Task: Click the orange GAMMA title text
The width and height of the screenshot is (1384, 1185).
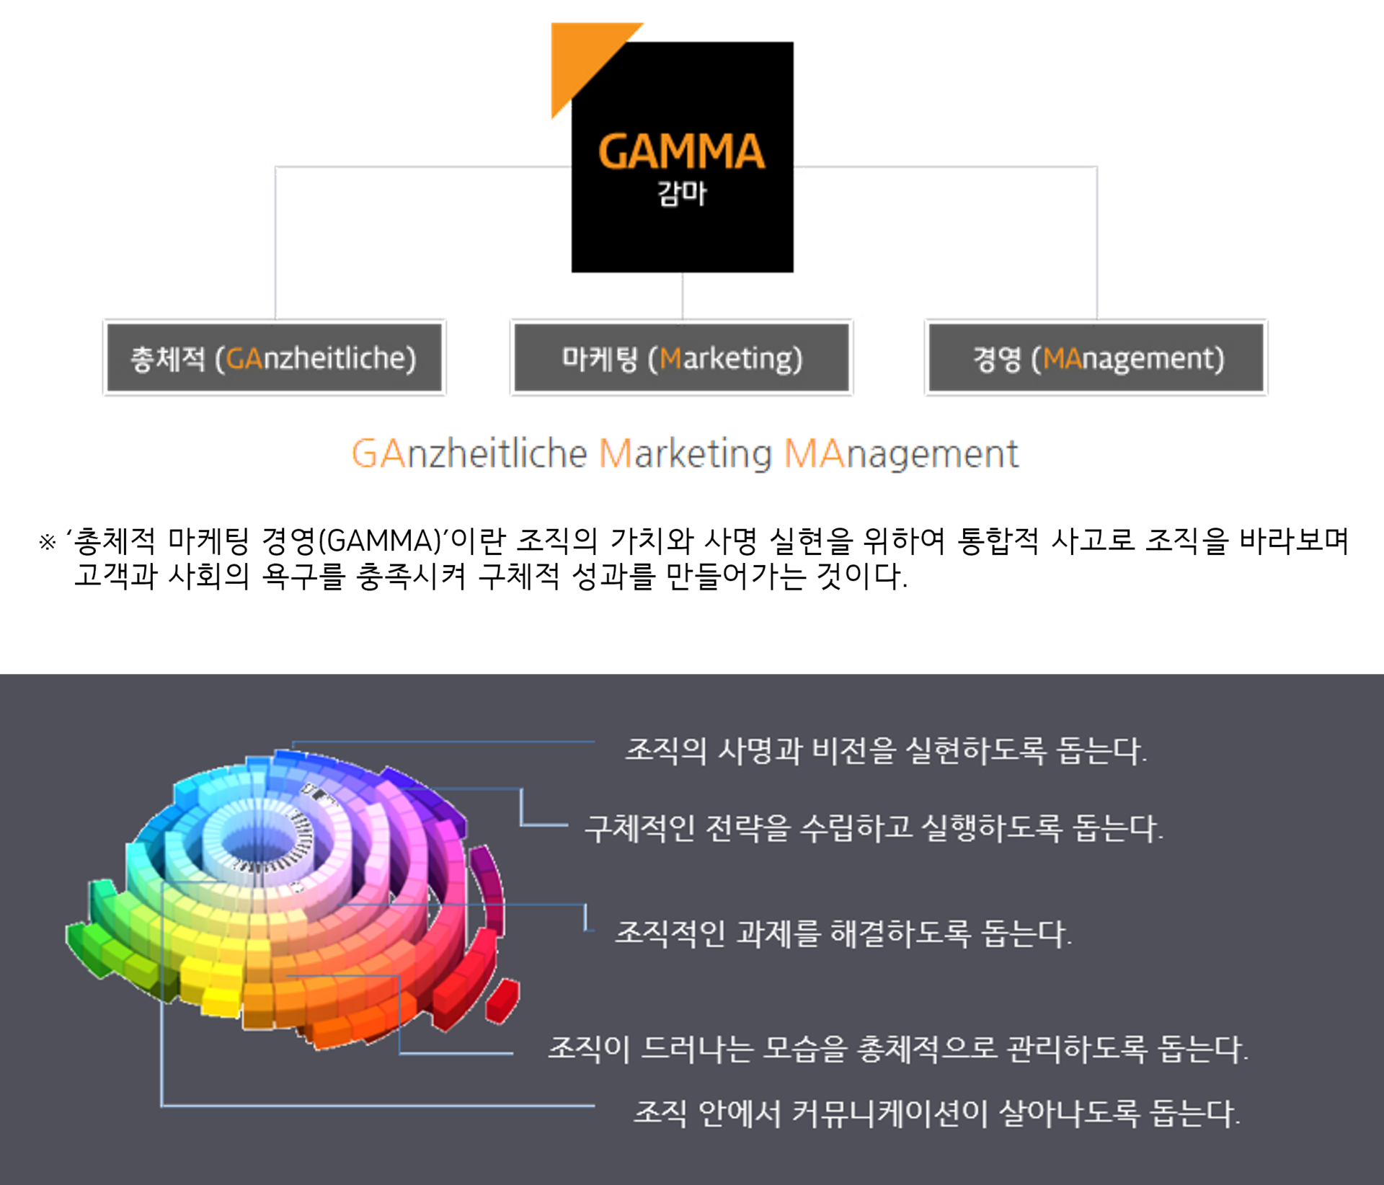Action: coord(681,152)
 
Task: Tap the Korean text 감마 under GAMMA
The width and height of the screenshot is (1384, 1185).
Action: coord(682,193)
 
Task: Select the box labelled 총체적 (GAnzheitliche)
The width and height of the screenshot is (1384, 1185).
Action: coord(274,358)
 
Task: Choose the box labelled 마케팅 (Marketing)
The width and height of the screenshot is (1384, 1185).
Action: coord(682,358)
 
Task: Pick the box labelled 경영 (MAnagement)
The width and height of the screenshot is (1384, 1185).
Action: coord(1096,358)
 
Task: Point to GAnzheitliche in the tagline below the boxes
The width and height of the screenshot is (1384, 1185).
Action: coord(469,454)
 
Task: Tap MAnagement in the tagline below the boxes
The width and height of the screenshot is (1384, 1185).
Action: coord(901,454)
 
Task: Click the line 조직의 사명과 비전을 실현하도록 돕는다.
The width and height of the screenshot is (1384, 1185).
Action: coord(885,751)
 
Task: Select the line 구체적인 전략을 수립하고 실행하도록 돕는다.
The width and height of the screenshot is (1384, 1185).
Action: coord(874,828)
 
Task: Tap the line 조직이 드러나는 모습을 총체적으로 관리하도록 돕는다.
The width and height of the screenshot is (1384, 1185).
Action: coord(897,1049)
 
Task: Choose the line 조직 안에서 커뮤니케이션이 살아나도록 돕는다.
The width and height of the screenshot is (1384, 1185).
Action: coord(936,1113)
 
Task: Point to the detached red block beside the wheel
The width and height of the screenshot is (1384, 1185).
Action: coord(502,998)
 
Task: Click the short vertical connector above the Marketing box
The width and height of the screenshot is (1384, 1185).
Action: coord(681,296)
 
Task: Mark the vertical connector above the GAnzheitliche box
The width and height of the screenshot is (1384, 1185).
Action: coord(275,241)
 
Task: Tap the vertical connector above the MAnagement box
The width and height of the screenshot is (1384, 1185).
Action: coord(1096,241)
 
